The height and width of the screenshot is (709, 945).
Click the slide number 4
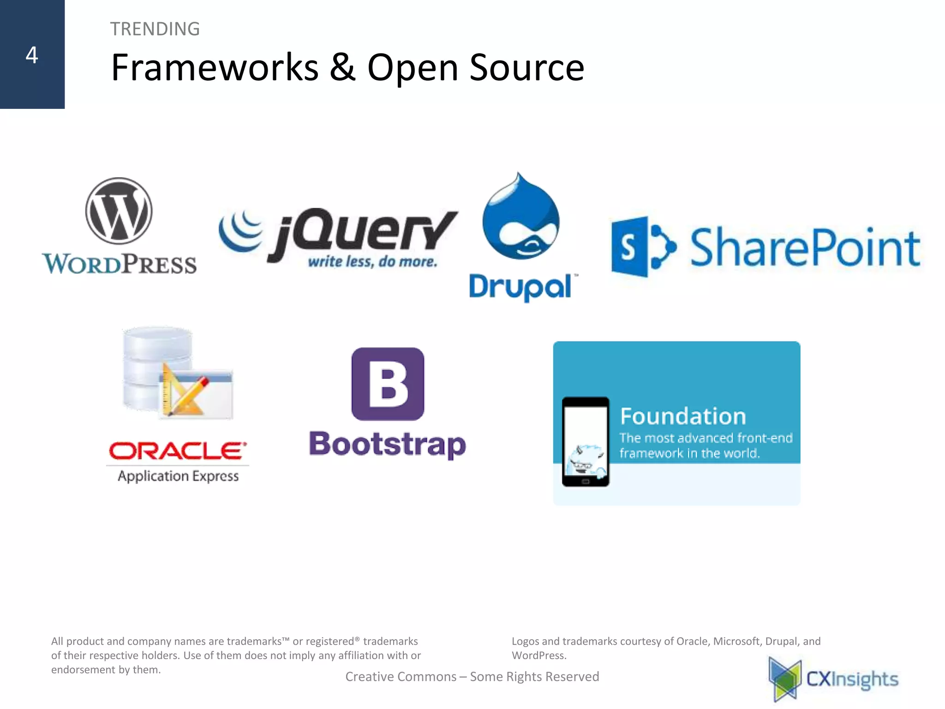(31, 55)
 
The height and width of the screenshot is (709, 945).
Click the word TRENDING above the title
(155, 29)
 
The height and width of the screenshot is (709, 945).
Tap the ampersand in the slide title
(342, 67)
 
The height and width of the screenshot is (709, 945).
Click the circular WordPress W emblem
(119, 210)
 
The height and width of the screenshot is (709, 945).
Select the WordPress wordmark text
(119, 264)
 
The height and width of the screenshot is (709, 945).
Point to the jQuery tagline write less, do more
(372, 262)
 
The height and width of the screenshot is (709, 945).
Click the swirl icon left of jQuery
(240, 230)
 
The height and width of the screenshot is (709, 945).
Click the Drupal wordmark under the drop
(520, 287)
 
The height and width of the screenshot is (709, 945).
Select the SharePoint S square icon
(630, 247)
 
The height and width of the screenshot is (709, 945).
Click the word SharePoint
(805, 248)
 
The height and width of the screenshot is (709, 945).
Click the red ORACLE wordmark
(177, 451)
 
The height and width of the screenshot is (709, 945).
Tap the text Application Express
(178, 476)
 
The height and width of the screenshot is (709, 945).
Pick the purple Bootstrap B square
(388, 384)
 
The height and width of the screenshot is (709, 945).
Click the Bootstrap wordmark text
(387, 445)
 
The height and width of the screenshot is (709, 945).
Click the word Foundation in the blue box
(682, 416)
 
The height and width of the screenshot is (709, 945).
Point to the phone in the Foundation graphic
(585, 442)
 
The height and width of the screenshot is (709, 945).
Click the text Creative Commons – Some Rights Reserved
(472, 677)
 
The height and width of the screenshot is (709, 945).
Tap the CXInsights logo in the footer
(833, 679)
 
